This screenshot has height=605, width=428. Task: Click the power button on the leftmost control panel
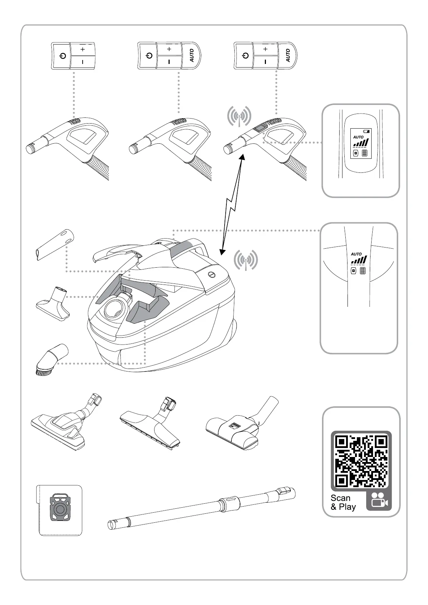[x=63, y=56]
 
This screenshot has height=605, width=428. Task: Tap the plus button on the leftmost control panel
[x=83, y=49]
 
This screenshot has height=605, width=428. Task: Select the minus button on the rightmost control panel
[x=266, y=62]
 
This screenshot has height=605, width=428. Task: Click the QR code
[x=361, y=460]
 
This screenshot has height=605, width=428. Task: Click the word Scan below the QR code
[x=340, y=498]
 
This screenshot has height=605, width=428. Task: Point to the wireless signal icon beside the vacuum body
[x=246, y=260]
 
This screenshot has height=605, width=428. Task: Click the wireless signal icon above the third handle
[x=239, y=116]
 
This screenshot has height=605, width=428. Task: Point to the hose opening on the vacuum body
[x=115, y=308]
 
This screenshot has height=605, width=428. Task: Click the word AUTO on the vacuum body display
[x=356, y=254]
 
